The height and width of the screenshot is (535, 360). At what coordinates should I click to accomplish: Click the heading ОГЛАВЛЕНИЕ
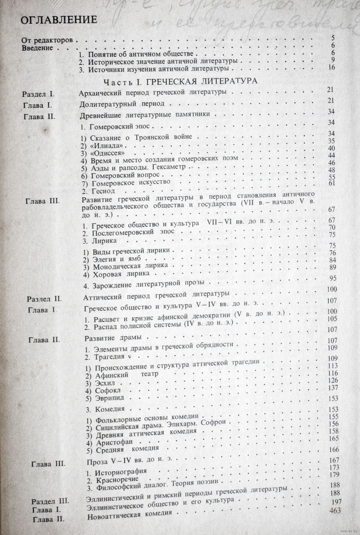click(x=59, y=20)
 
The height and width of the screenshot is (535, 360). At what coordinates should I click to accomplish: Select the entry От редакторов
click(x=47, y=40)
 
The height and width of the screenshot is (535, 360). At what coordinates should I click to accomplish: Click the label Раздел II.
click(x=45, y=299)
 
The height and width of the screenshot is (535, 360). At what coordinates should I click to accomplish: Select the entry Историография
click(x=117, y=472)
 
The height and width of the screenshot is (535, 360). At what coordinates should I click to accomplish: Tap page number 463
click(x=335, y=511)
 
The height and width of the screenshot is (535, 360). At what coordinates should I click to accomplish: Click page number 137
click(x=333, y=387)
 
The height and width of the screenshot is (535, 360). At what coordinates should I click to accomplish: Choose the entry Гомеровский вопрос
click(x=120, y=175)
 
